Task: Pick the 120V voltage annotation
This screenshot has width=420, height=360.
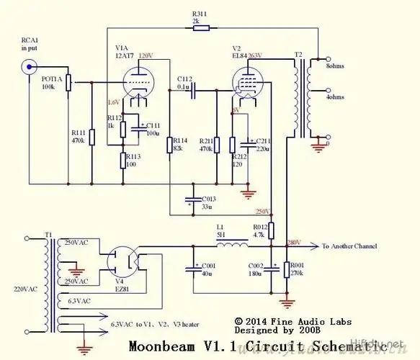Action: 146,55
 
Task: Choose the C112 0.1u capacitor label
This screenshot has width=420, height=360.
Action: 185,83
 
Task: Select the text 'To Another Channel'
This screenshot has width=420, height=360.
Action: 349,247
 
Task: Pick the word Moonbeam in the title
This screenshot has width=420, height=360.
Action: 158,346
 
